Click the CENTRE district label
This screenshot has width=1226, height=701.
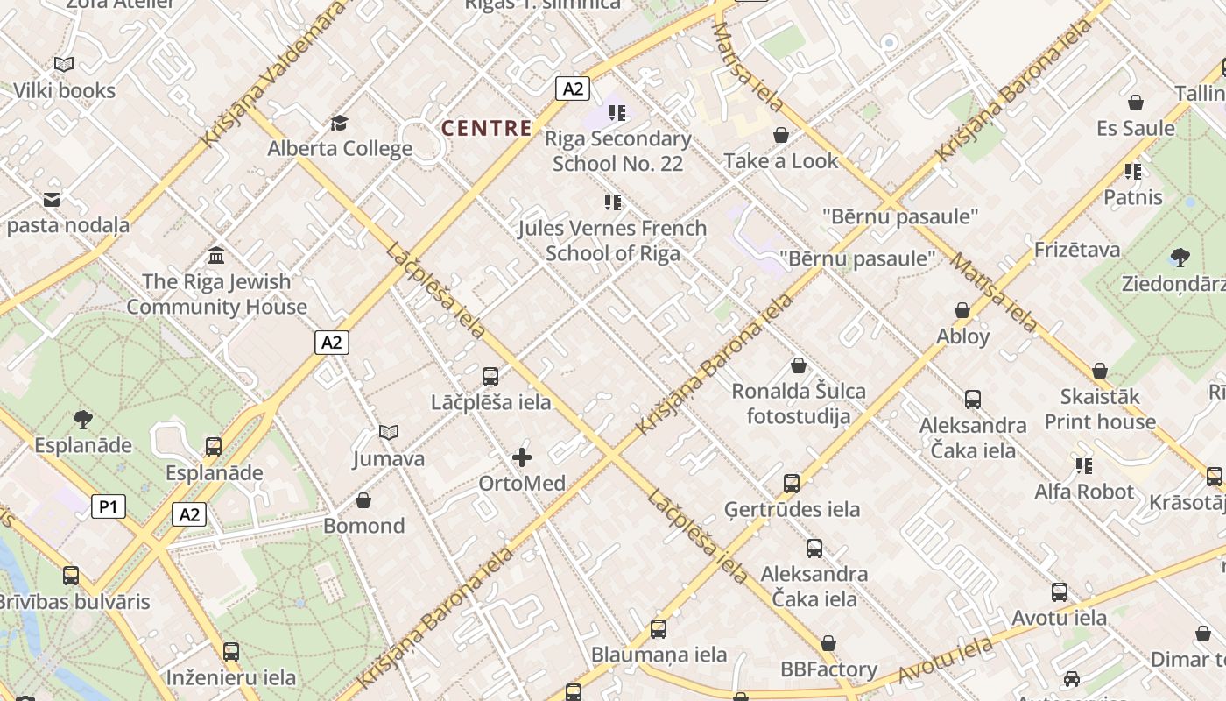click(486, 128)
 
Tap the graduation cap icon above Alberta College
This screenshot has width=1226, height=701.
click(339, 123)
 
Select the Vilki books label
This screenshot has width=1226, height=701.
click(64, 90)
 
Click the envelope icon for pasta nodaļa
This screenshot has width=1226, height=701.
click(52, 200)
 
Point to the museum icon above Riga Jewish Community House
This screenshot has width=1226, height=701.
click(215, 255)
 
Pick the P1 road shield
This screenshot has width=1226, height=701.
click(109, 506)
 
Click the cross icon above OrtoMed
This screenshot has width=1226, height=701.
click(522, 457)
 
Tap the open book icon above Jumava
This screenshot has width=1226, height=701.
click(389, 432)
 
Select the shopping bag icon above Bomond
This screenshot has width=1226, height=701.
click(363, 500)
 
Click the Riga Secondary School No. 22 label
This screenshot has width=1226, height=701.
click(617, 151)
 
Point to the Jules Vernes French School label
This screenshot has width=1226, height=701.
click(612, 241)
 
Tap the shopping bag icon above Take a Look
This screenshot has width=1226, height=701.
click(781, 135)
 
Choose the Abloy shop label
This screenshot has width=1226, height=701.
click(962, 336)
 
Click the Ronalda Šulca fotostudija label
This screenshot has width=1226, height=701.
click(799, 403)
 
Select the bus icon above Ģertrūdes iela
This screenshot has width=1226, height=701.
click(792, 483)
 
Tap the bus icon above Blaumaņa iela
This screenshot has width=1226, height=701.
click(659, 628)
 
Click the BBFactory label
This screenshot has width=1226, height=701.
click(828, 670)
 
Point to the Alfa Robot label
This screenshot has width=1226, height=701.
click(1084, 492)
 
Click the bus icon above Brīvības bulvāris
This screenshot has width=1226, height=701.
click(71, 576)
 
